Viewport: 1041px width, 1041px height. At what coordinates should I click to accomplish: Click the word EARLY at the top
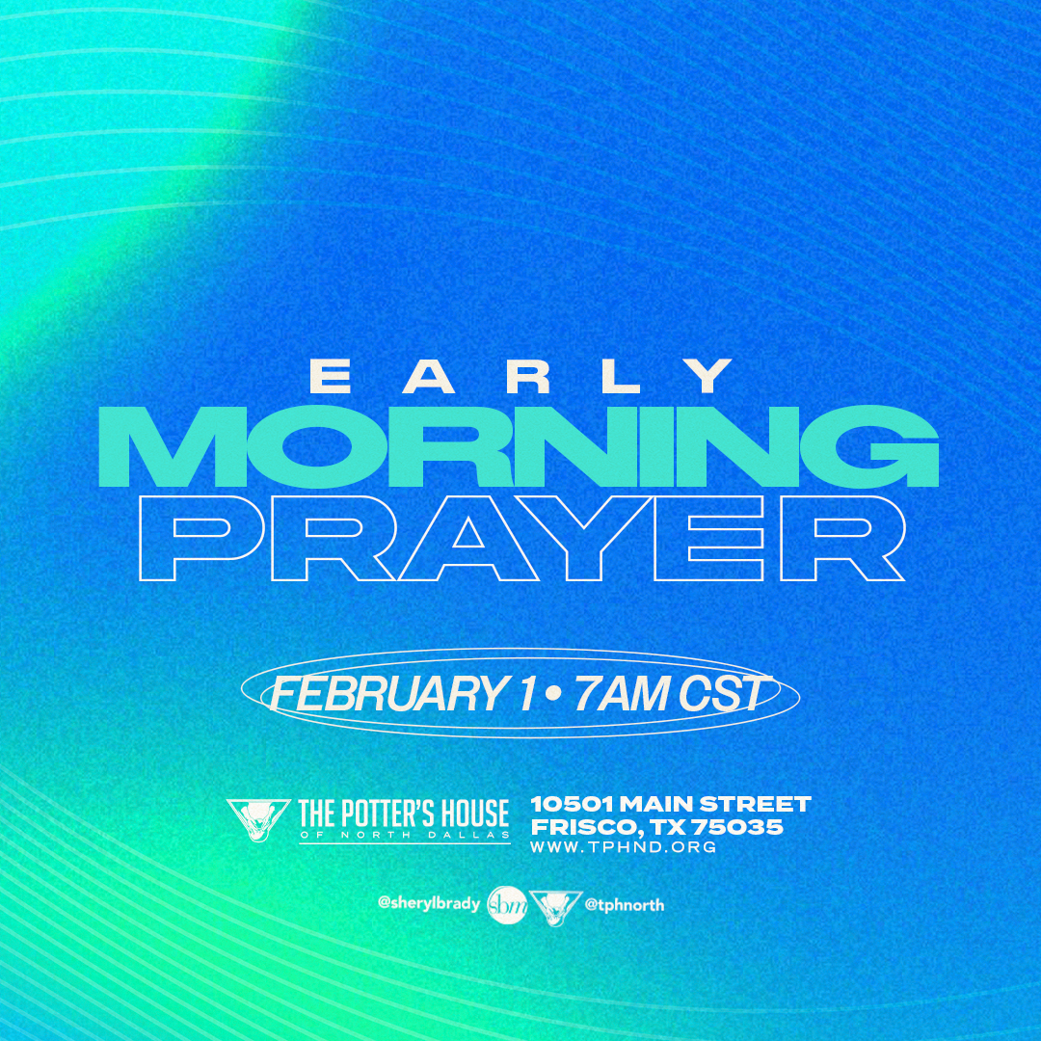click(x=520, y=376)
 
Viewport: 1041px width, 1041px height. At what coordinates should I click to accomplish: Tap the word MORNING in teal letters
click(x=519, y=447)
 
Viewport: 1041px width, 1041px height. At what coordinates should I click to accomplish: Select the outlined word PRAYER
click(x=521, y=539)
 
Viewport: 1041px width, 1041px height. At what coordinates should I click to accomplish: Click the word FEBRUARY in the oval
click(x=386, y=694)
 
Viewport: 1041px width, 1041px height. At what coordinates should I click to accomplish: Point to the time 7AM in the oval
click(x=622, y=694)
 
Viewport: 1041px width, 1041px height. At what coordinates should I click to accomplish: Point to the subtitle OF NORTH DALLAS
click(x=404, y=835)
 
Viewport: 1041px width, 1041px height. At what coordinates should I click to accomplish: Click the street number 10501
click(x=572, y=805)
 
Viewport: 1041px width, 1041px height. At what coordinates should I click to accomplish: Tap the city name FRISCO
click(x=588, y=827)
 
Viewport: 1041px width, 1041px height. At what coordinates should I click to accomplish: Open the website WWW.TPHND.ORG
click(x=624, y=847)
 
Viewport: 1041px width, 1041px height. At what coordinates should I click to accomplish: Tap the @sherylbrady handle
click(x=429, y=903)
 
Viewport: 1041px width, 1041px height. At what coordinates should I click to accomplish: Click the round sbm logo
click(x=507, y=905)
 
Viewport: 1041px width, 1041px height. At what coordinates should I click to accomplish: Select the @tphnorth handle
click(x=624, y=904)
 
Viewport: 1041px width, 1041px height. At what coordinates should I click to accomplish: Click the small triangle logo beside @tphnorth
click(x=556, y=906)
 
